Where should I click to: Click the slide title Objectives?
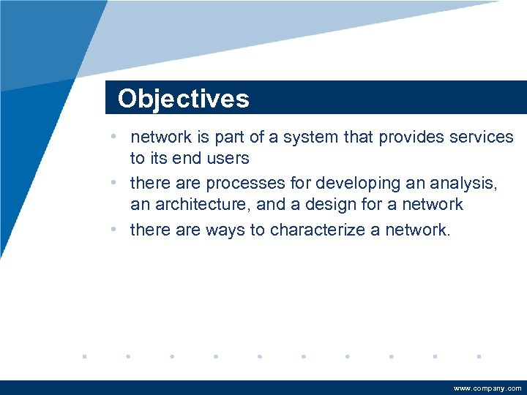coord(183,99)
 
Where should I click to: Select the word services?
coord(479,137)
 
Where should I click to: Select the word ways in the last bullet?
coord(227,230)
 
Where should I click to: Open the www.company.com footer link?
coord(487,388)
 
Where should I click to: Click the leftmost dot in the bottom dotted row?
coord(84,357)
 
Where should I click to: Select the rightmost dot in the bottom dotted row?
coord(478,357)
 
